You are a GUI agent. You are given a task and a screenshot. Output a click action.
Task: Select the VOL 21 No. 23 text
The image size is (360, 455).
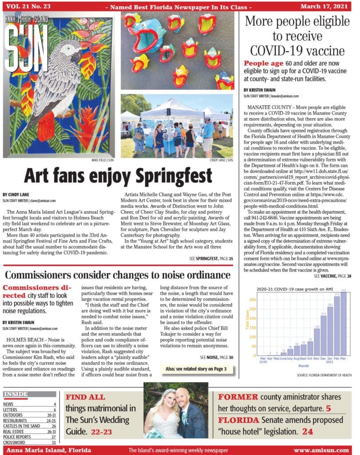tap(27, 6)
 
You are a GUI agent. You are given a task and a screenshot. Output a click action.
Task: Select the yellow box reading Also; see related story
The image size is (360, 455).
tap(194, 369)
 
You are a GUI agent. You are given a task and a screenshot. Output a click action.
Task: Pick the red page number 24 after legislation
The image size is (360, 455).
tap(320, 431)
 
